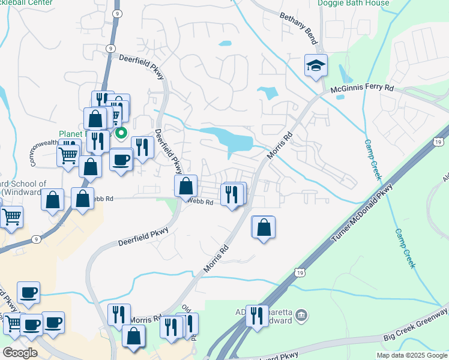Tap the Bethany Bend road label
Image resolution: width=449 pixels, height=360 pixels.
298,22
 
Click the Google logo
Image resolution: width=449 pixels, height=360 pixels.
20,353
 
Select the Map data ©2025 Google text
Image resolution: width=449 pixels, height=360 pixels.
411,355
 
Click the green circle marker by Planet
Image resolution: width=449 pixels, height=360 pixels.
121,133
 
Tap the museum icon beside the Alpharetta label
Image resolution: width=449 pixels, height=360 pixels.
302,315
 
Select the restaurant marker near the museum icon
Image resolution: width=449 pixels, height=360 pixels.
257,315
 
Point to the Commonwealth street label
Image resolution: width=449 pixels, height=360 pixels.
43,153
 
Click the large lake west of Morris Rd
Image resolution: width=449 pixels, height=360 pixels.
231,140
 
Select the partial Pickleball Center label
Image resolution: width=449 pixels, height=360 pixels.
26,3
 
